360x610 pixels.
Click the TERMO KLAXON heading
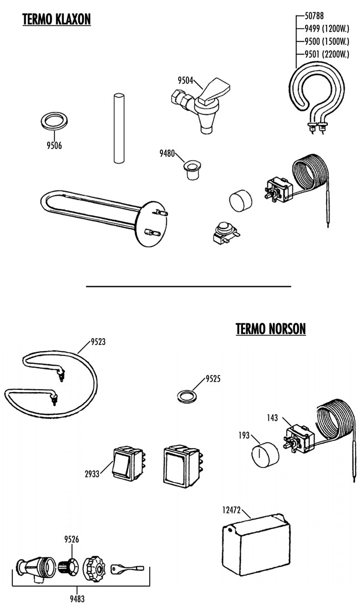point(56,19)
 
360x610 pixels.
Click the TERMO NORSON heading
point(270,329)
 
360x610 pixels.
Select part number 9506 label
point(53,146)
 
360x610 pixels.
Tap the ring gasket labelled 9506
point(53,120)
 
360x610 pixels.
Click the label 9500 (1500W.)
point(327,41)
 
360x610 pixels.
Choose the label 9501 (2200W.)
point(327,54)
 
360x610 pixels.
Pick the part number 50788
point(314,16)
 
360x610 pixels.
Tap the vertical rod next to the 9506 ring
point(118,128)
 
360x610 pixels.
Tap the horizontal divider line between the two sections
point(189,286)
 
